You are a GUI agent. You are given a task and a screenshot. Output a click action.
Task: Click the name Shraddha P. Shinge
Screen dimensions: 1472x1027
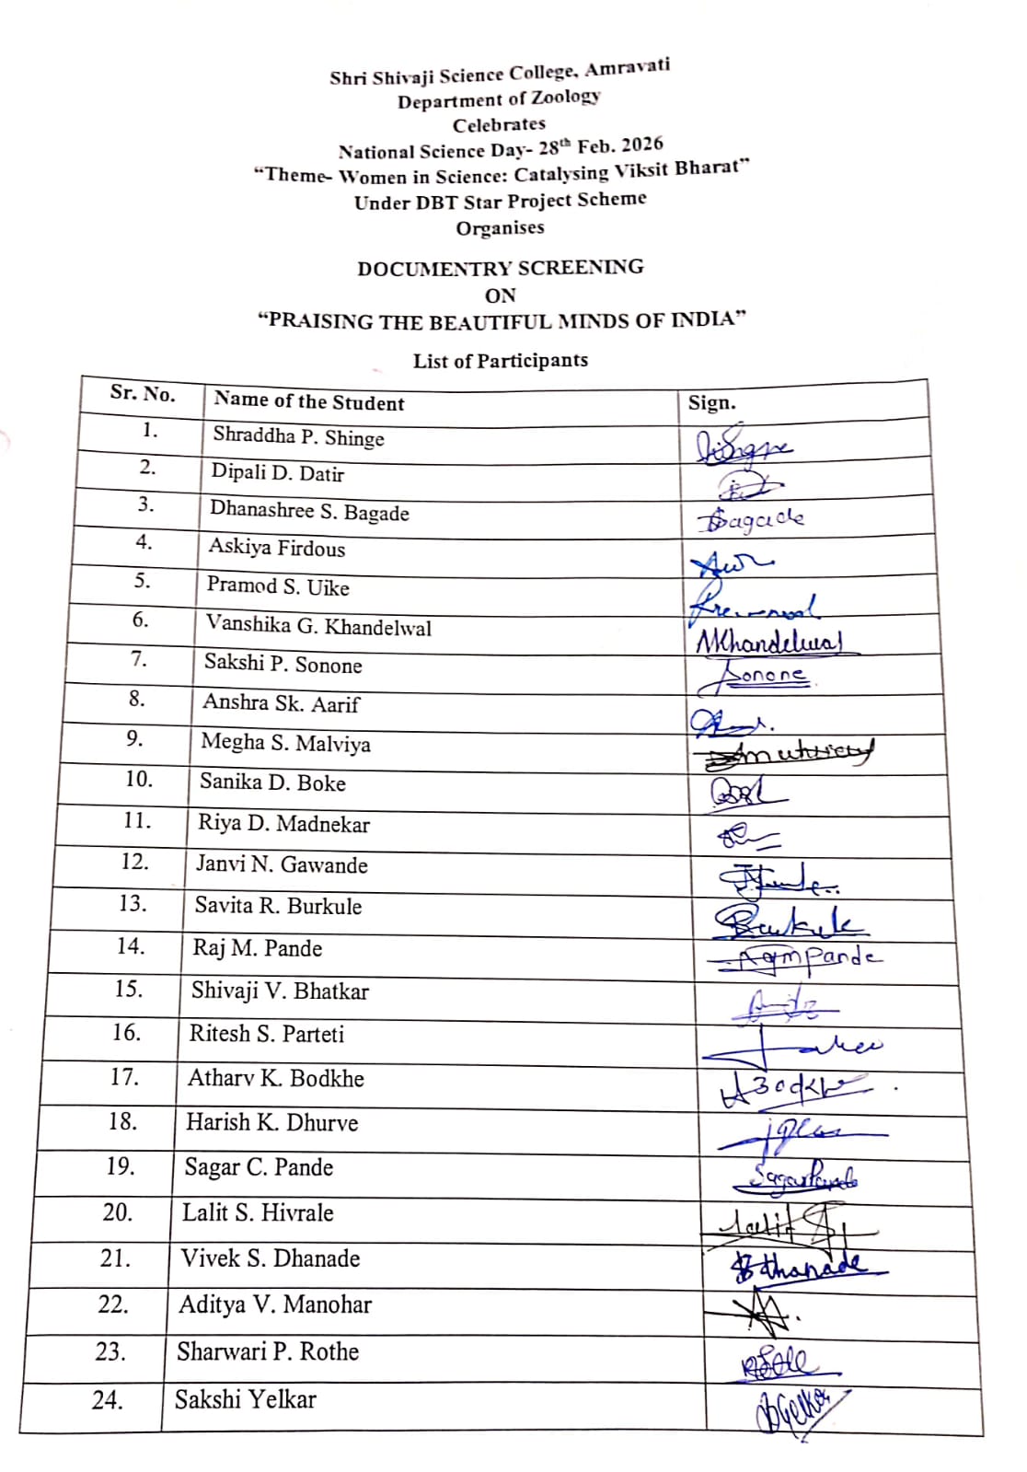(x=298, y=436)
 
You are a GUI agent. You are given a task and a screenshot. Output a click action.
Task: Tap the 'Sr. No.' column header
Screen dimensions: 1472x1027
(x=142, y=393)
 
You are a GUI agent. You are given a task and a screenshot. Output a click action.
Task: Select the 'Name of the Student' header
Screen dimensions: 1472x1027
(x=308, y=401)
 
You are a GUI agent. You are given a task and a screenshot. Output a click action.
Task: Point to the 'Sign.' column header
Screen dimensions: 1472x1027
(x=711, y=402)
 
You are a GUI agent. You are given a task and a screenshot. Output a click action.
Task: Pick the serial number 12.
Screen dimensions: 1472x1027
(x=134, y=862)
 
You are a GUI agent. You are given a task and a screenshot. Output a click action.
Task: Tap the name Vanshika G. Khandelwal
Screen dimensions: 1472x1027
(x=317, y=626)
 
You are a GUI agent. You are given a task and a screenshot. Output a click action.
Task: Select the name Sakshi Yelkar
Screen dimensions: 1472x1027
(x=245, y=1399)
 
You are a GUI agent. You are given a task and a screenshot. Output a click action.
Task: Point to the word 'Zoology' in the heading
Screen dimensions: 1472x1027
(x=566, y=97)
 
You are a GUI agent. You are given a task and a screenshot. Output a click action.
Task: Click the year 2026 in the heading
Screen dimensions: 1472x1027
(x=641, y=145)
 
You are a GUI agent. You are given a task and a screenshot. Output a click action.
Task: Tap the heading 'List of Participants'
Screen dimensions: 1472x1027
(x=500, y=360)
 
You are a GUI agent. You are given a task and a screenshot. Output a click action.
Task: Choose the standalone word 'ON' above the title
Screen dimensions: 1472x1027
(x=500, y=296)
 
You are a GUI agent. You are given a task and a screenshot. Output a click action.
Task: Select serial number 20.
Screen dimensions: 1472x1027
(x=118, y=1212)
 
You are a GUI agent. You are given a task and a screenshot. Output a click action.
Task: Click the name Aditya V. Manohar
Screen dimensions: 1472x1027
(x=274, y=1304)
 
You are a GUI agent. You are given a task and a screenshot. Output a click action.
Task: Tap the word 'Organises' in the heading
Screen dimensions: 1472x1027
(x=500, y=227)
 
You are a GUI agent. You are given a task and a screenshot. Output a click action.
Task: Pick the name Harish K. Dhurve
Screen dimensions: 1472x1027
(x=271, y=1122)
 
